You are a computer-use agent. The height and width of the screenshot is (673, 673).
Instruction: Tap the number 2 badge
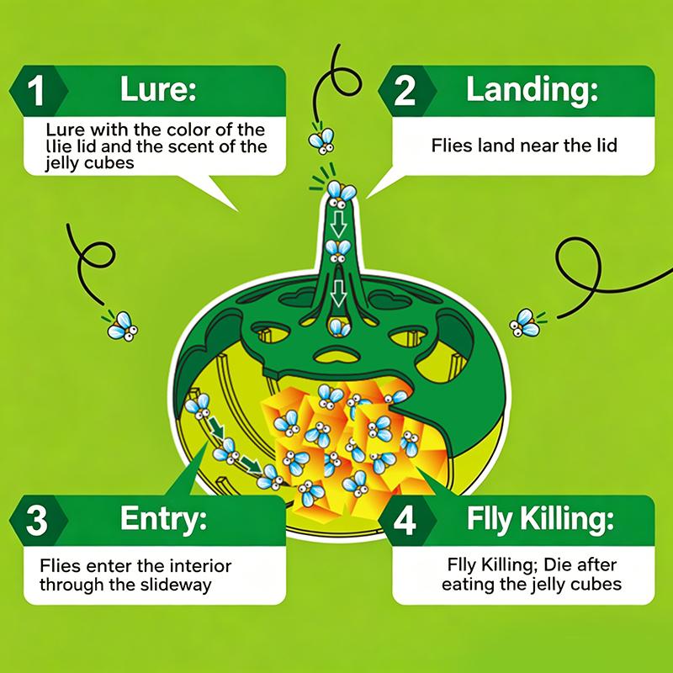406,91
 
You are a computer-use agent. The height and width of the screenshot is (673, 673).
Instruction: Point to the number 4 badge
406,520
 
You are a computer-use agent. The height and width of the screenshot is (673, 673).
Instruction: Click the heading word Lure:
158,89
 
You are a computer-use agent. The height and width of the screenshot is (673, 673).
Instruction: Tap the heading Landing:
532,89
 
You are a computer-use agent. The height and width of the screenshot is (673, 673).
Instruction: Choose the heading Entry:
163,519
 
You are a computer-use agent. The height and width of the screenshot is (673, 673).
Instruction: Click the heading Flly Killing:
540,519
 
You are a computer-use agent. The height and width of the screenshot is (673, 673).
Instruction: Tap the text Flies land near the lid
524,146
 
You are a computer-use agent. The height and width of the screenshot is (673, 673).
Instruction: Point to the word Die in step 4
556,564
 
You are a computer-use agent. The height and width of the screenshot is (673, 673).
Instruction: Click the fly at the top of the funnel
342,193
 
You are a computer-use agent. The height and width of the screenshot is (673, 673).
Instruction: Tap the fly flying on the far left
122,326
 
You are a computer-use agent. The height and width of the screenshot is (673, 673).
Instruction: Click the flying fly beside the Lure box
322,140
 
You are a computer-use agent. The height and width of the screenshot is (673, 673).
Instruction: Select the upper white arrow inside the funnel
338,224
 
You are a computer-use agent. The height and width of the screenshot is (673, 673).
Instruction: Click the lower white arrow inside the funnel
339,294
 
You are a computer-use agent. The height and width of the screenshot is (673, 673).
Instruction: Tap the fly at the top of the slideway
198,405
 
